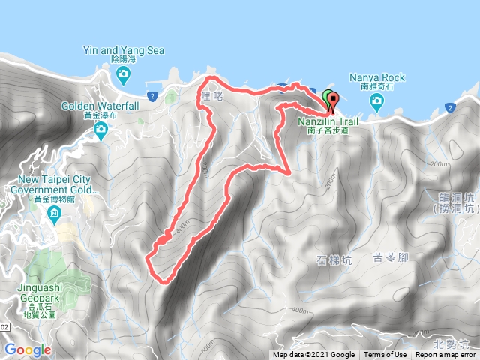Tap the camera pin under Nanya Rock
[377, 100]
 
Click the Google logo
[28, 349]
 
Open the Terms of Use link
[385, 355]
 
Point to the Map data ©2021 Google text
[313, 355]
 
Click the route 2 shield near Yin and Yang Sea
[151, 95]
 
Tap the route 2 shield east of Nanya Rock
[448, 108]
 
